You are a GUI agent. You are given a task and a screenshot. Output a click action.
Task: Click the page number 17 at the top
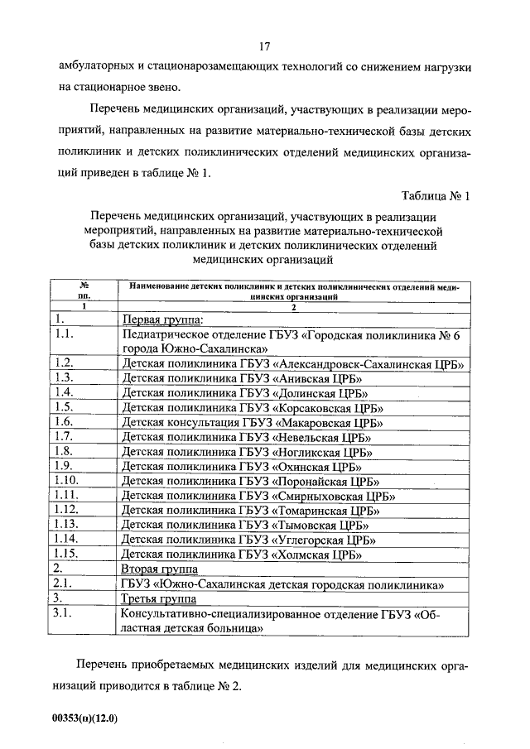pyautogui.click(x=265, y=46)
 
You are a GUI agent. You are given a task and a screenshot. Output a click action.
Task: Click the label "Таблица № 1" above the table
pyautogui.click(x=435, y=196)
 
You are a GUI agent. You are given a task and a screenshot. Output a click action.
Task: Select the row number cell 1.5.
pyautogui.click(x=64, y=406)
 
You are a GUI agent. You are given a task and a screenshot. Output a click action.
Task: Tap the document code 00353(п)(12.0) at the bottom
pyautogui.click(x=84, y=718)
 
